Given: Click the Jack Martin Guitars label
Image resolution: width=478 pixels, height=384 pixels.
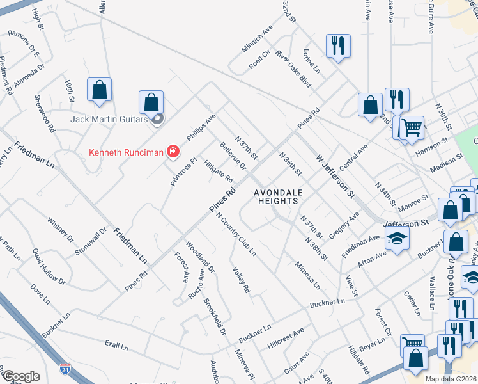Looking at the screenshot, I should [x=109, y=119].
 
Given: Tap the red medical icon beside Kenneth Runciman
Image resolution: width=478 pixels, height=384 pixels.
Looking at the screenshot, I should [x=173, y=152].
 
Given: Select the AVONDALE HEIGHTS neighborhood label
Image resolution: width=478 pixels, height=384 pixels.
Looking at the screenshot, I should [x=276, y=196].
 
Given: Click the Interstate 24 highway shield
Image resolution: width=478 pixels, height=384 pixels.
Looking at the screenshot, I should [x=65, y=369].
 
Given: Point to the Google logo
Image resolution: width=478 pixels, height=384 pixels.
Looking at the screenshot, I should [x=20, y=376].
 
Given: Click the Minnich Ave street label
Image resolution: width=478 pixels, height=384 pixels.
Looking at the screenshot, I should [x=257, y=40].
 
